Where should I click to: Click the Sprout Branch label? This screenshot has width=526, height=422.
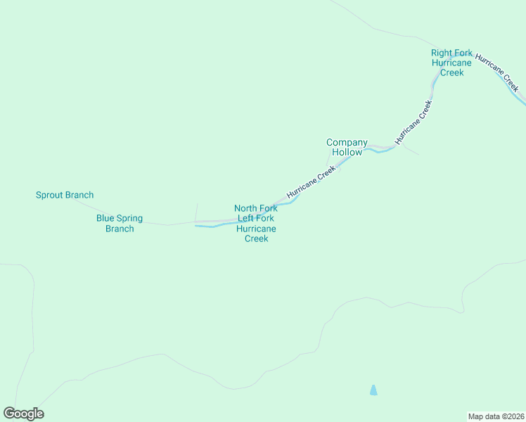click(x=65, y=195)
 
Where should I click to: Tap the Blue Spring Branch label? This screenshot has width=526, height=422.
click(x=120, y=223)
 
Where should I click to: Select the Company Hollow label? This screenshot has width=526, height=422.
click(x=347, y=147)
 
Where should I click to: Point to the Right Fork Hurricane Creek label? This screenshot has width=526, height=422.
click(x=451, y=63)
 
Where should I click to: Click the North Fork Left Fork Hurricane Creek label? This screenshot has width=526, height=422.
click(x=256, y=223)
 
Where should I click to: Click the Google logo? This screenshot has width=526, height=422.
click(x=24, y=414)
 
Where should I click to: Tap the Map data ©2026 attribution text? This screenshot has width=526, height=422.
click(x=496, y=416)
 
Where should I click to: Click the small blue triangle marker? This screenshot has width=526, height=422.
click(x=373, y=390)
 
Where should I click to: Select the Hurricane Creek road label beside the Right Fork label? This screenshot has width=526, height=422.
click(x=497, y=72)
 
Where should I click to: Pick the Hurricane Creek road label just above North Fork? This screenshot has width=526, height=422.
click(x=311, y=182)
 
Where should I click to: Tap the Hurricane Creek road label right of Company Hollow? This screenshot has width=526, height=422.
click(x=413, y=122)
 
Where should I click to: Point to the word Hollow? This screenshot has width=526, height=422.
click(x=347, y=152)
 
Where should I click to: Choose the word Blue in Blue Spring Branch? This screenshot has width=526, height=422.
click(x=105, y=218)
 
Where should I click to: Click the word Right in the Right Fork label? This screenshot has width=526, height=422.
click(x=442, y=53)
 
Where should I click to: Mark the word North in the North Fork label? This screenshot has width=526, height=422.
click(x=245, y=208)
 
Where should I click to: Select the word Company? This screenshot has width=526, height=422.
click(x=347, y=142)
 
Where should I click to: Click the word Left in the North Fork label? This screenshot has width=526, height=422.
click(x=246, y=218)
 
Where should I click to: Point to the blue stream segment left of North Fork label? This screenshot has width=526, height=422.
click(x=211, y=226)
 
